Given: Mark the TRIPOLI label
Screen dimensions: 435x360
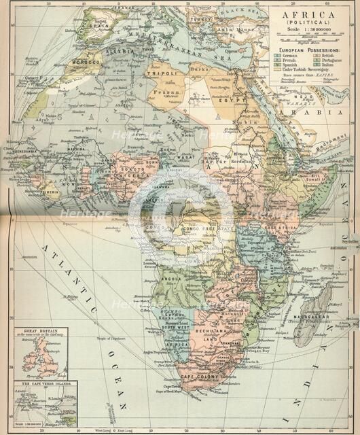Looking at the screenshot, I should click(163, 73).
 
